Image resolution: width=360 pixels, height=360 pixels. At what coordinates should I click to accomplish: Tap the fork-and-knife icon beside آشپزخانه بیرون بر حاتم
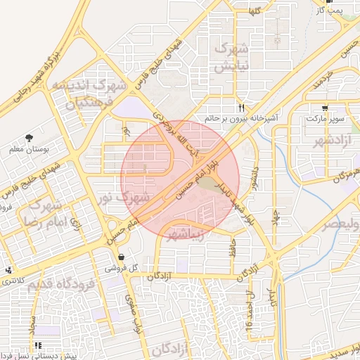click(x=242, y=108)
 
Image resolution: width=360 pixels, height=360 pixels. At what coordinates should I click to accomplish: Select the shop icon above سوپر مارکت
click(x=325, y=108)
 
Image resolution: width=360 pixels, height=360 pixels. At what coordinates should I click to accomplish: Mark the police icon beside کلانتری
click(x=8, y=270)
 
